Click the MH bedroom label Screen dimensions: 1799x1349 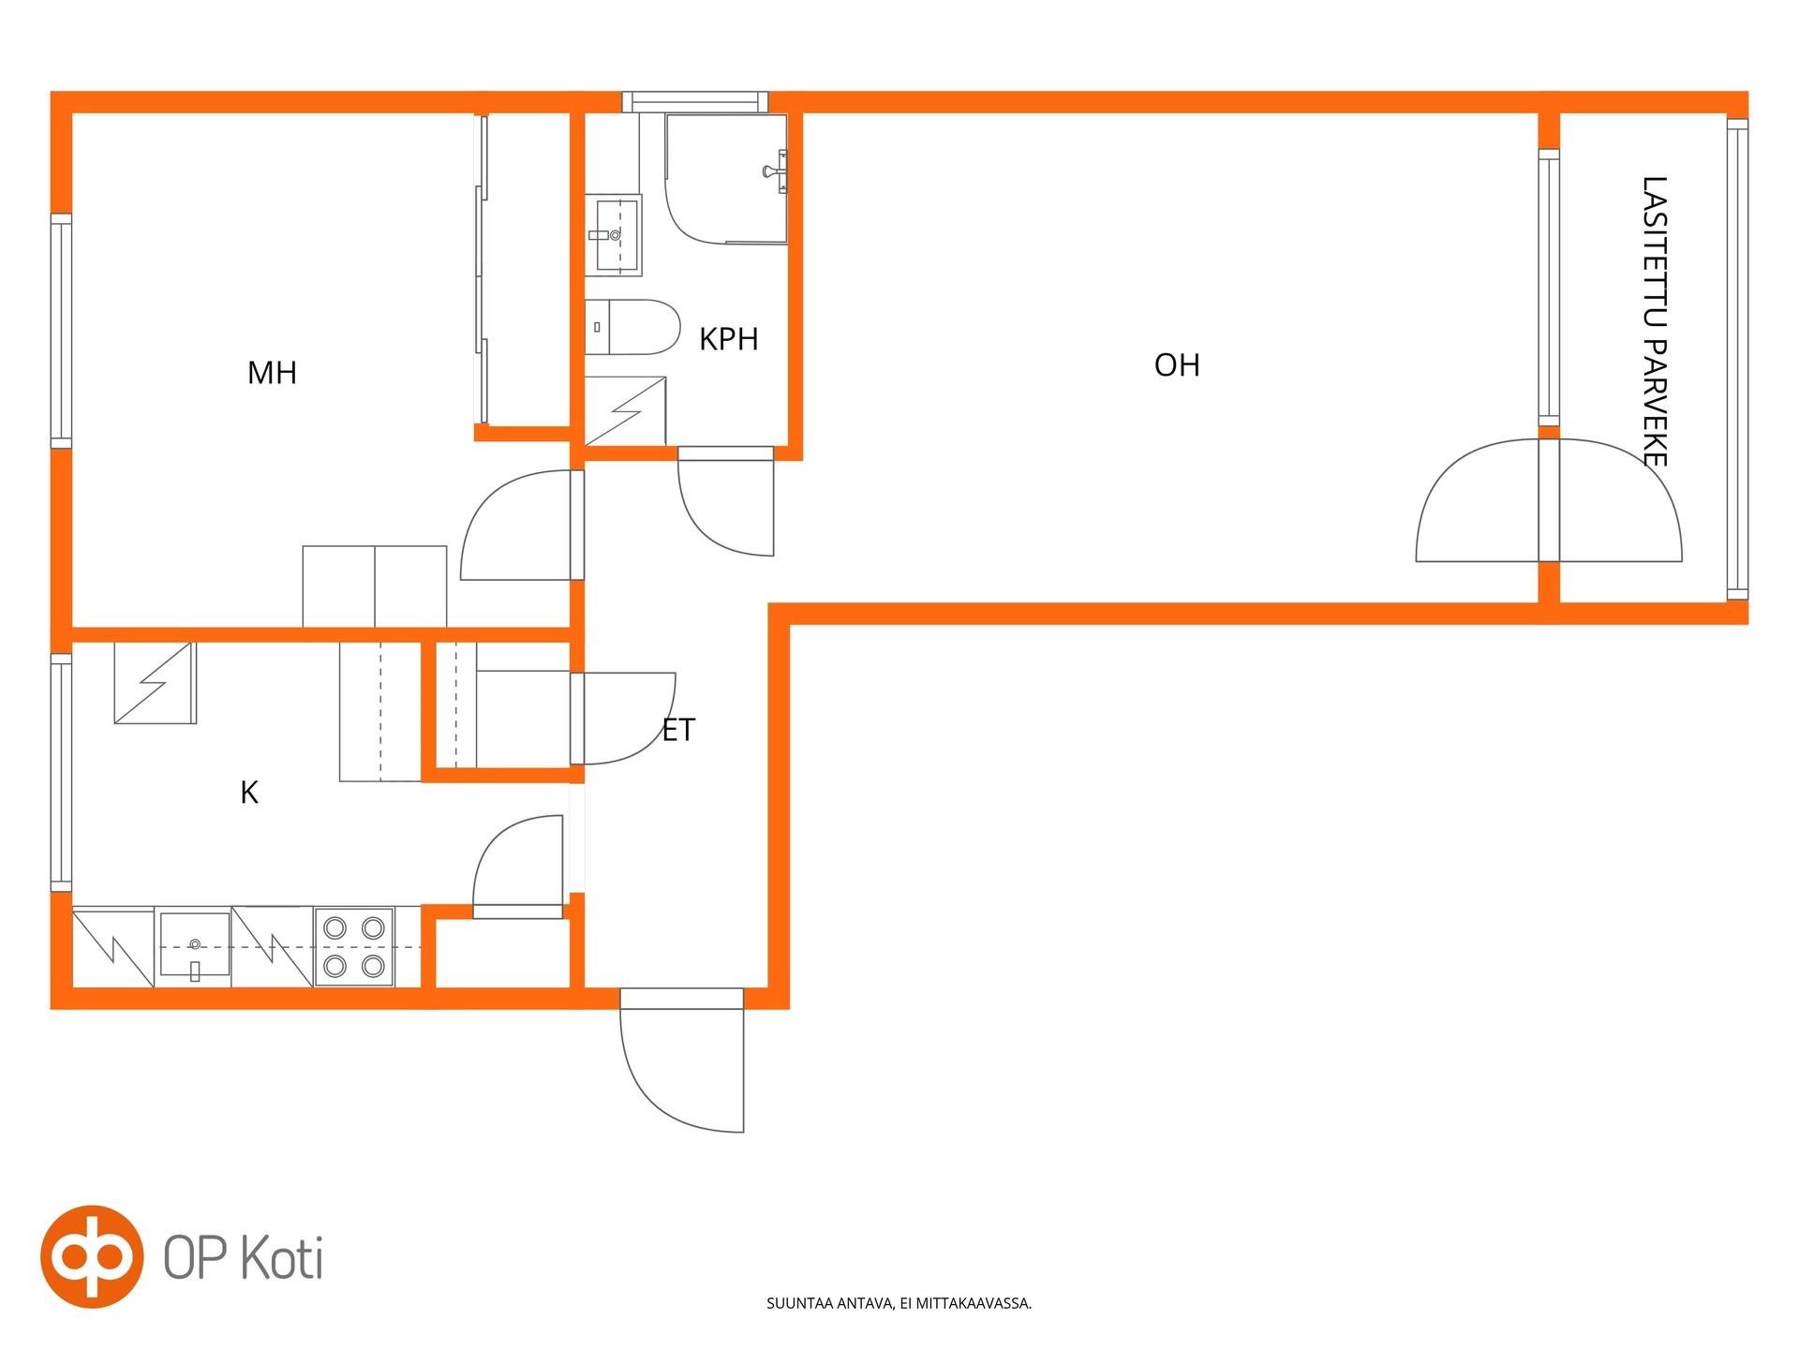tap(272, 373)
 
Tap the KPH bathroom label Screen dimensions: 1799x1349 tap(728, 339)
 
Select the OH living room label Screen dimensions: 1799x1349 tap(1177, 365)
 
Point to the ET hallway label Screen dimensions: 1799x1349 tap(678, 730)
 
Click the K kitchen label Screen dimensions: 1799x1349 tap(249, 793)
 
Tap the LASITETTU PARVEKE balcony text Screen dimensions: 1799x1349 tap(1655, 320)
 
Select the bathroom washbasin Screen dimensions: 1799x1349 tap(614, 235)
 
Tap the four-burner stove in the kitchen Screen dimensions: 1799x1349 tap(354, 946)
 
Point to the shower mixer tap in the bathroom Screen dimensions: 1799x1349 tap(777, 171)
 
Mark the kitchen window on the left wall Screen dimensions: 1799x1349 tap(61, 772)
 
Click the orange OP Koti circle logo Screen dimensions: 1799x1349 tap(92, 1256)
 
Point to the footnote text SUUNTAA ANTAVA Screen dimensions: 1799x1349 tap(830, 1303)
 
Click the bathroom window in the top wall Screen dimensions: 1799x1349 tap(695, 102)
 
